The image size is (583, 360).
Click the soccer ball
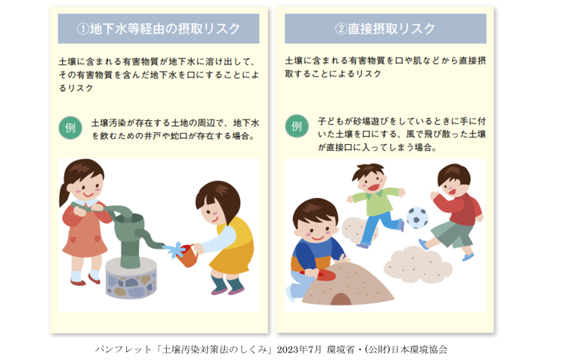tap(417, 217)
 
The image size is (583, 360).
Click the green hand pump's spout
tap(149, 239)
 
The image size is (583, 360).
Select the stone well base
tap(131, 278)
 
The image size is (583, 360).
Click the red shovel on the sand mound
tap(317, 275)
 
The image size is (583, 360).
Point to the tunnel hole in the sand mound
tap(341, 299)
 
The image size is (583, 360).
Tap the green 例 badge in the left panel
tap(70, 128)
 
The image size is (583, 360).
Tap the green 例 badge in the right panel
tap(297, 126)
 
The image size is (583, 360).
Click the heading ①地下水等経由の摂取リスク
tap(158, 28)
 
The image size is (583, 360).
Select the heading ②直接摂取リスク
tap(385, 28)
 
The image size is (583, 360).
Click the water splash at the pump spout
tap(174, 249)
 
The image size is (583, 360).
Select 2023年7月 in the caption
tap(299, 350)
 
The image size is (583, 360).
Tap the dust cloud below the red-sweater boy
tap(418, 264)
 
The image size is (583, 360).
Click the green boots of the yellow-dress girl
tap(227, 285)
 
